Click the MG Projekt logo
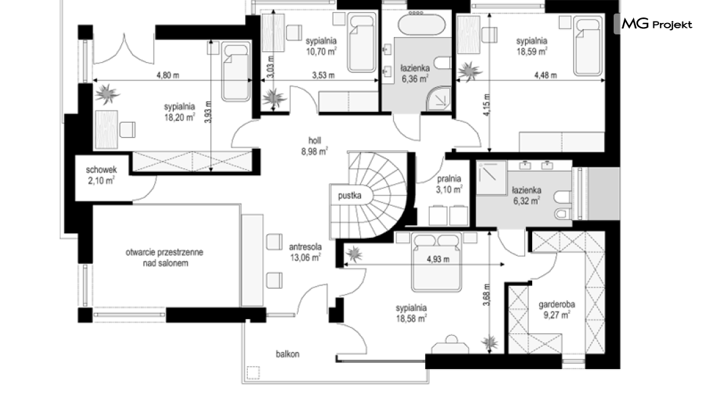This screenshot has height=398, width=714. (657, 24)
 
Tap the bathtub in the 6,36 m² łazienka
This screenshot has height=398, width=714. (422, 24)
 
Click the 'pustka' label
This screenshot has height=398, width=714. (350, 196)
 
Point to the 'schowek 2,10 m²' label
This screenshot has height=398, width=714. (101, 175)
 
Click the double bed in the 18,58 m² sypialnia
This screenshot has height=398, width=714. (436, 262)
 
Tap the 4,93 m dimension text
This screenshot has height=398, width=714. (438, 259)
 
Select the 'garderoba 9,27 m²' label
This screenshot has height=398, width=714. (556, 310)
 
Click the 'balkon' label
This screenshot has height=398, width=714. (288, 353)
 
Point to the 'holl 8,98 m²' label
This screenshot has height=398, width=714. (315, 146)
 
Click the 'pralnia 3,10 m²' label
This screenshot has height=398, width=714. (449, 184)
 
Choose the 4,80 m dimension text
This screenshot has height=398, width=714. (168, 76)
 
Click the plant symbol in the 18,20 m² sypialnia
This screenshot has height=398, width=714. (107, 94)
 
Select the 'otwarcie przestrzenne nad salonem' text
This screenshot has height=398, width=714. (164, 258)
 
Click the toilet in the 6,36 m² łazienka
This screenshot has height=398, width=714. (443, 63)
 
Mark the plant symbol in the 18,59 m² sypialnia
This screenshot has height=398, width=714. (469, 72)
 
